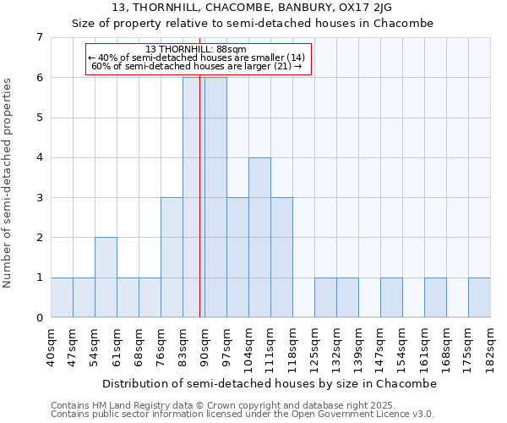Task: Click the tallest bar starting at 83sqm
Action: pyautogui.click(x=194, y=197)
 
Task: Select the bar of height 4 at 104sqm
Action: pyautogui.click(x=259, y=237)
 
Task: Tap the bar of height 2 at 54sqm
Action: pyautogui.click(x=106, y=277)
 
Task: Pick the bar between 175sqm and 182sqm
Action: pyautogui.click(x=479, y=298)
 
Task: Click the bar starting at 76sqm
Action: pyautogui.click(x=172, y=257)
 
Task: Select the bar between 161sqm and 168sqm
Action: pyautogui.click(x=435, y=298)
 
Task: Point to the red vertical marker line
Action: pyautogui.click(x=199, y=211)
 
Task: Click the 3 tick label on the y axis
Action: pyautogui.click(x=39, y=198)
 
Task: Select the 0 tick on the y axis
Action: pyautogui.click(x=39, y=318)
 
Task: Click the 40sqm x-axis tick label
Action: pyautogui.click(x=51, y=347)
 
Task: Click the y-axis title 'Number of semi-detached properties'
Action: pyautogui.click(x=8, y=183)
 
